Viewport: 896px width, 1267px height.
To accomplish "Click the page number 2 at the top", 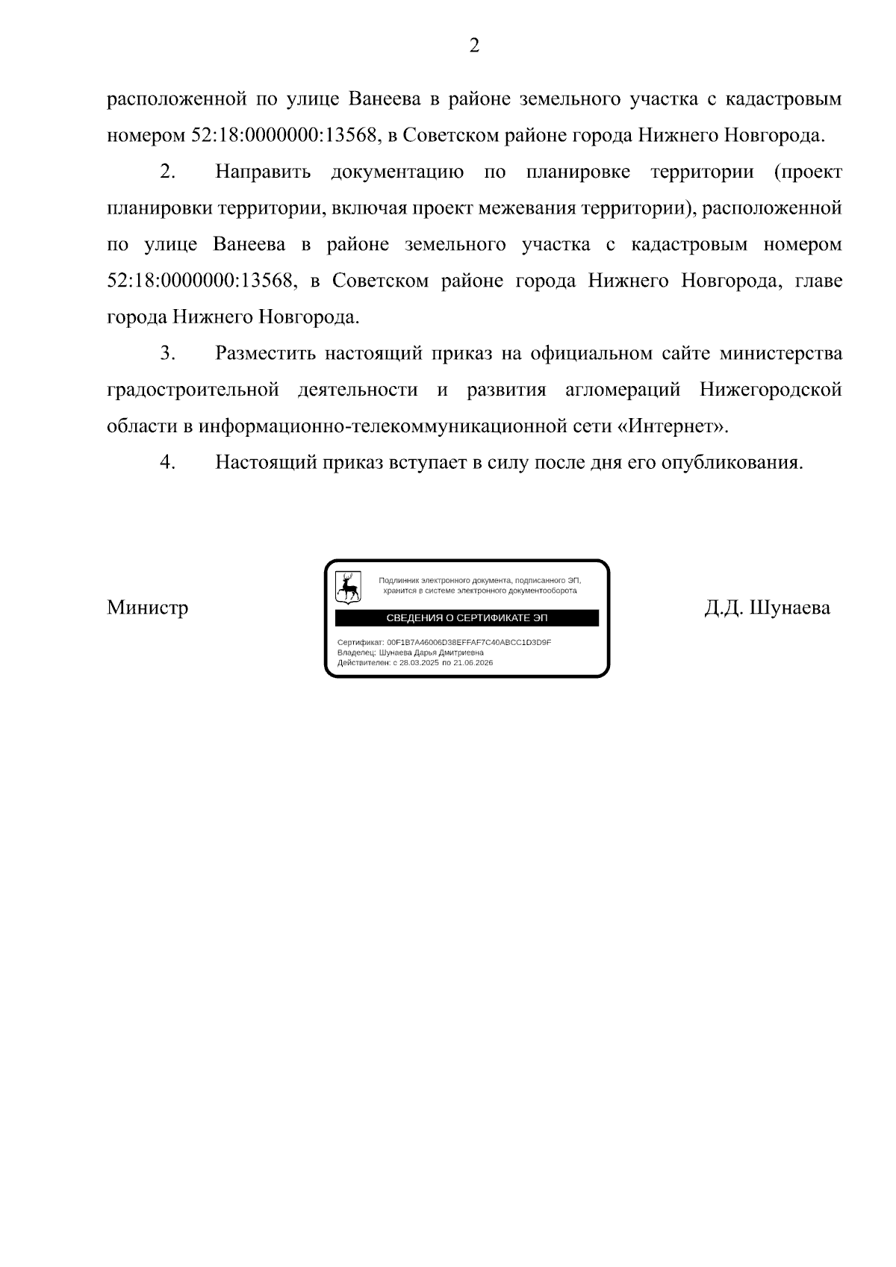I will tap(474, 46).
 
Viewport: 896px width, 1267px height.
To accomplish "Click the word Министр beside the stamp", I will tap(148, 608).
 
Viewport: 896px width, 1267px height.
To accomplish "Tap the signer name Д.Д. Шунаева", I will tap(767, 608).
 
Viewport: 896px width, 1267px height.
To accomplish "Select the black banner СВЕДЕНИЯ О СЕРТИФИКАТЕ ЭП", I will tap(467, 618).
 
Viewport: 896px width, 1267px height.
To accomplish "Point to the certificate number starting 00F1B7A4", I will tap(469, 642).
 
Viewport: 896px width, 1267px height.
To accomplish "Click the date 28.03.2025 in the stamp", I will tap(419, 662).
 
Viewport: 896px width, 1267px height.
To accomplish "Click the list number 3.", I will tap(167, 353).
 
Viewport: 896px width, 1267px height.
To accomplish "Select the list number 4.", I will tap(167, 462).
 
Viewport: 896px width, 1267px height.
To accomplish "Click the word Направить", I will tap(263, 172).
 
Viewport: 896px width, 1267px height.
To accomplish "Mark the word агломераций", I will tap(623, 390).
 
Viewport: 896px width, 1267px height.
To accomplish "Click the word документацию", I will tap(397, 172).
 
